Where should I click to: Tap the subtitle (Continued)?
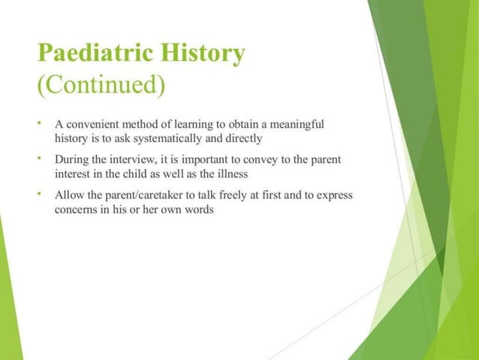coord(101,84)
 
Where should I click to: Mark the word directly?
coord(243,139)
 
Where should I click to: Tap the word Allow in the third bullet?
coord(69,195)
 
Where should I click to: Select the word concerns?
coord(77,211)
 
